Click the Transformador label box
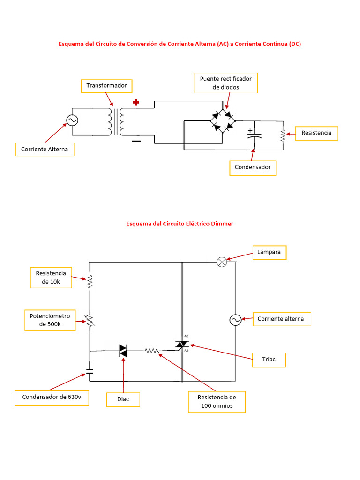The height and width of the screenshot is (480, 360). coord(106,86)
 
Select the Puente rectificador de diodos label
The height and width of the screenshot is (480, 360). coord(226,83)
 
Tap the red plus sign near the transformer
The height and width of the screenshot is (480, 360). coord(136,103)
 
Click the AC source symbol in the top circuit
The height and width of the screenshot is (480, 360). coord(72,120)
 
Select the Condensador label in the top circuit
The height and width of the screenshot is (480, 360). coord(253,167)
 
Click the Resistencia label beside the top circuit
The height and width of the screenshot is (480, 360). coord(316,133)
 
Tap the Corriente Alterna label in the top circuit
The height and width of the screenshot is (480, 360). coord(45,150)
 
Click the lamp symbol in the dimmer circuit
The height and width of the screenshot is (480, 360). coord(222,262)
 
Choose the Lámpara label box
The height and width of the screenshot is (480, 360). coord(269,252)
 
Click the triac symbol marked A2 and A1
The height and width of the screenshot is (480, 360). coord(181,345)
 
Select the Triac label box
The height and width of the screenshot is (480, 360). coord(269,360)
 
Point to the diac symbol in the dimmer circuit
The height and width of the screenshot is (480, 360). coord(123,351)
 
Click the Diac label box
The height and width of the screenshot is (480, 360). coord(123,399)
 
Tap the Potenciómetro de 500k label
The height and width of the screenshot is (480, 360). coord(50,320)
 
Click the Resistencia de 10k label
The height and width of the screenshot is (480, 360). coord(51,277)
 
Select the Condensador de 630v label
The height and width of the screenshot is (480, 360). coord(52,397)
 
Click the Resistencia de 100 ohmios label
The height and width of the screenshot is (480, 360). coord(217,402)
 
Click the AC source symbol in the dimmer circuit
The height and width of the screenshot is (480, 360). coord(235,320)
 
